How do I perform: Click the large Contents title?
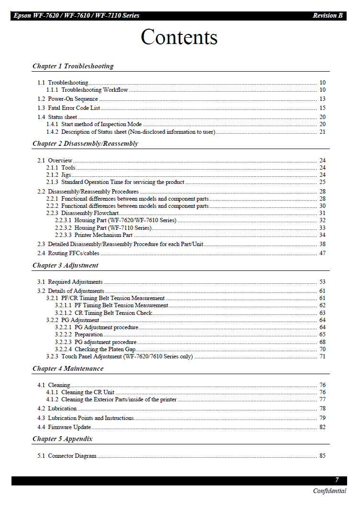pyautogui.click(x=179, y=37)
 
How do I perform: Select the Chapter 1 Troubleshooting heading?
pyautogui.click(x=73, y=66)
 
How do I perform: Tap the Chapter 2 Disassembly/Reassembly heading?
pyautogui.click(x=85, y=143)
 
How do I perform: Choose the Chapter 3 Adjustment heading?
pyautogui.click(x=65, y=265)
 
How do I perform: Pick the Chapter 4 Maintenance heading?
pyautogui.click(x=68, y=368)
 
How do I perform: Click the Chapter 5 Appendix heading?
pyautogui.click(x=63, y=439)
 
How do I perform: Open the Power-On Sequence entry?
pyautogui.click(x=73, y=99)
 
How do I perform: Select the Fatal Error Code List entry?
pyautogui.click(x=74, y=108)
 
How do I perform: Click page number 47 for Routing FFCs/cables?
pyautogui.click(x=322, y=253)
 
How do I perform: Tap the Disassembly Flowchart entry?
pyautogui.click(x=90, y=213)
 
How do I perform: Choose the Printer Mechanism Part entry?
pyautogui.click(x=103, y=235)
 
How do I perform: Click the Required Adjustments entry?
pyautogui.click(x=75, y=282)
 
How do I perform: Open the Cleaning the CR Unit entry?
pyautogui.click(x=87, y=392)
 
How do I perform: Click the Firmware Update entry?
pyautogui.click(x=69, y=427)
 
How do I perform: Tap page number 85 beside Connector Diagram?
pyautogui.click(x=322, y=456)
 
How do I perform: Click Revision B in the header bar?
pyautogui.click(x=327, y=16)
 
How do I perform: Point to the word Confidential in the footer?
pyautogui.click(x=329, y=491)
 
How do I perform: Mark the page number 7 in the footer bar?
pyautogui.click(x=337, y=480)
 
